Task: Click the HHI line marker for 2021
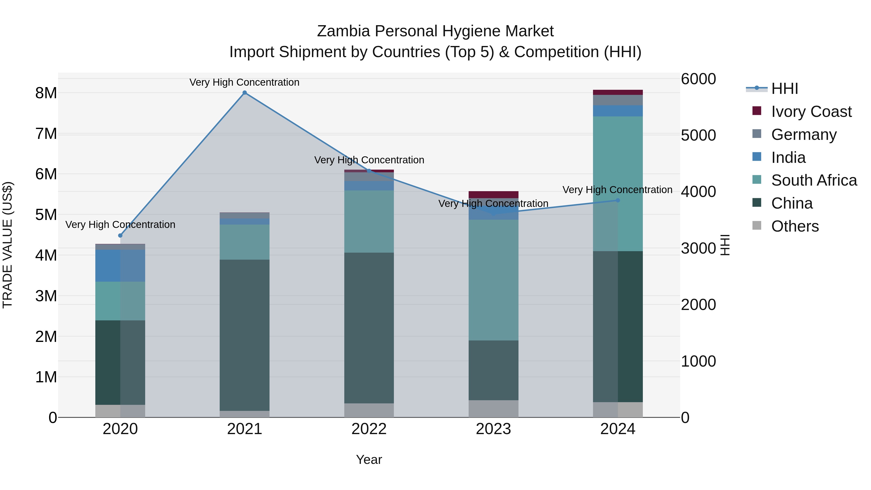pos(244,93)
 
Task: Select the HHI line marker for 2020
pos(120,235)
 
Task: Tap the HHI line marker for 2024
pos(618,200)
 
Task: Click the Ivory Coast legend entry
pos(811,112)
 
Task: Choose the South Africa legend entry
pos(813,180)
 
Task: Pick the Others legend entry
pos(795,226)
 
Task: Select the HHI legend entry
pos(784,89)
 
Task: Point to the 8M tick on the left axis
pos(46,93)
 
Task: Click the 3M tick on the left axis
pos(46,296)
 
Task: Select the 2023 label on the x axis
pos(493,429)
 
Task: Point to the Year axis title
pos(369,460)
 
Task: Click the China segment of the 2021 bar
pos(244,335)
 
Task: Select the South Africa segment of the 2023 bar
pos(493,280)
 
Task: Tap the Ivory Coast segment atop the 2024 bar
pos(618,92)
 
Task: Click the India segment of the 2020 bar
pos(120,266)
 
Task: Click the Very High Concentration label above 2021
pos(244,82)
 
